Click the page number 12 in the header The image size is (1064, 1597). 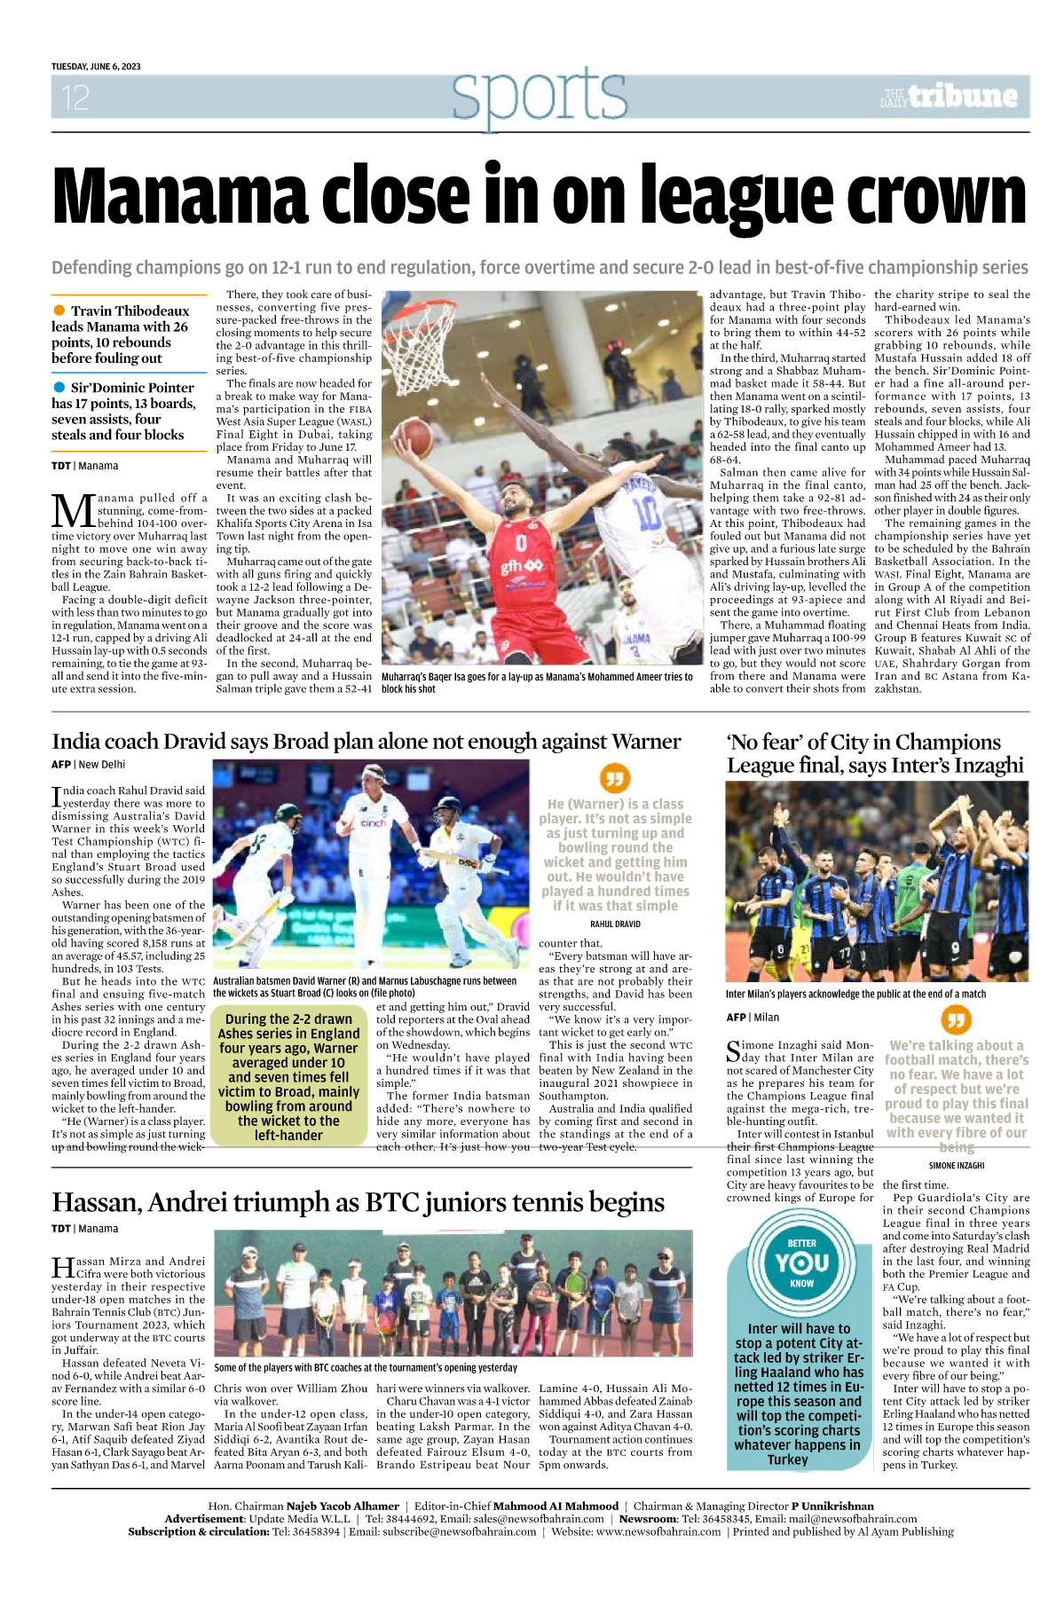(x=75, y=98)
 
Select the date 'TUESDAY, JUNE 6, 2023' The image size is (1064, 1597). (x=96, y=67)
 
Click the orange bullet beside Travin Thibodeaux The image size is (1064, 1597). (x=59, y=310)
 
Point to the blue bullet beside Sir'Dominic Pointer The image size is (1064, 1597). (x=59, y=387)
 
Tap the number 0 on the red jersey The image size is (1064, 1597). (x=522, y=541)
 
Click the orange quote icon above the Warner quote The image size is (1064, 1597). (x=614, y=779)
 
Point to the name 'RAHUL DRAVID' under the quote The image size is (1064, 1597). (x=615, y=924)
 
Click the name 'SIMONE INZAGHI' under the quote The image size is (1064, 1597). (x=956, y=1165)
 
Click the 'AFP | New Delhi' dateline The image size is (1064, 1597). (x=88, y=764)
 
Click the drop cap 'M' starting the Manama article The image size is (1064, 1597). (x=74, y=512)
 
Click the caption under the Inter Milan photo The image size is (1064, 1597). (x=855, y=994)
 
